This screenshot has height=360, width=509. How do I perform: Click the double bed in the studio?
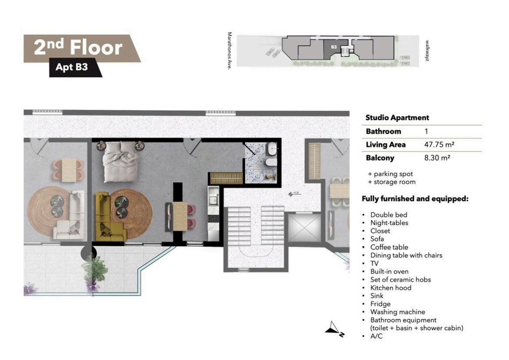point(121,162)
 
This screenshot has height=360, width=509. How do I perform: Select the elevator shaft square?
point(304,227)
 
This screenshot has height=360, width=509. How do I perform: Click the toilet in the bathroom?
point(271,162)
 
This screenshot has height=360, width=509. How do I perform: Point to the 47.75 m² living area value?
point(439,145)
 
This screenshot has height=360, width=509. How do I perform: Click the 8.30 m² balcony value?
point(437,158)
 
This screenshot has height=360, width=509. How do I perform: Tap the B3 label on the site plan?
point(334,47)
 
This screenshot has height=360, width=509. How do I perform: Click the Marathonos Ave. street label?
point(230,51)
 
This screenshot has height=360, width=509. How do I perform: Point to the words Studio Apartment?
point(397,118)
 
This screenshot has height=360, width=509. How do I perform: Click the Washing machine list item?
point(398,312)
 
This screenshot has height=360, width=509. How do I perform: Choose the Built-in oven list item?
point(389,271)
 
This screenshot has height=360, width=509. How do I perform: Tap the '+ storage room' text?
point(391,182)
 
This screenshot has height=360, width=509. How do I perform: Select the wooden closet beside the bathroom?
point(226,178)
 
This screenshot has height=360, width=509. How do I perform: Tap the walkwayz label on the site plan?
point(428,51)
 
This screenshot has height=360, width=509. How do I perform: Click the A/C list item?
point(377,336)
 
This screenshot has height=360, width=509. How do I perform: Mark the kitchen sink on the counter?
point(214,200)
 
